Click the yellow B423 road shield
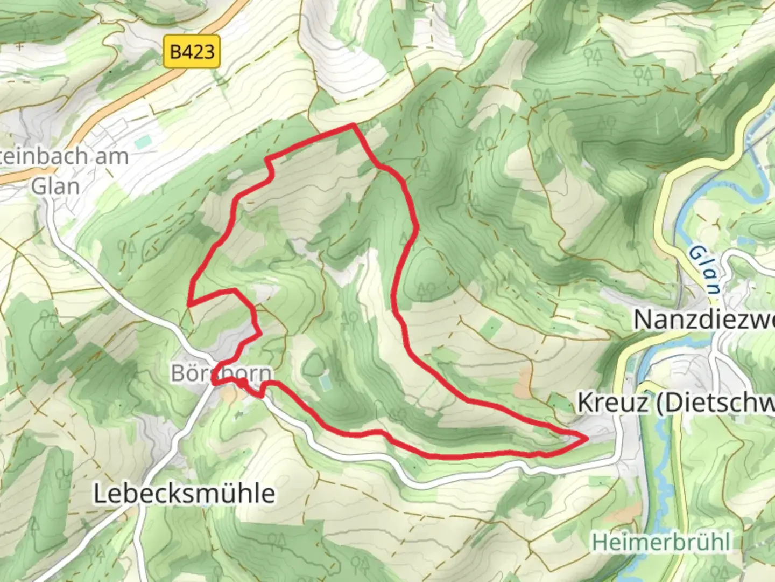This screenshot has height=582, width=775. point(192,52)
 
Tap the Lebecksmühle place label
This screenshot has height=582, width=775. point(184,493)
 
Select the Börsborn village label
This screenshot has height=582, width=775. point(221,373)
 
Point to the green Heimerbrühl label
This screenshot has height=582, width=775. point(661,542)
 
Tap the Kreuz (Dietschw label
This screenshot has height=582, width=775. point(676,403)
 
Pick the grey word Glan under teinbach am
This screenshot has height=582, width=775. point(55,186)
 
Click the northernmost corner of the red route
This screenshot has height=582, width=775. point(353,125)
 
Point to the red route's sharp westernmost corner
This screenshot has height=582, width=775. point(188,305)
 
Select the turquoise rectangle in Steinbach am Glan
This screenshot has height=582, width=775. point(143,142)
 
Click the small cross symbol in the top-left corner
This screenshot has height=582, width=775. point(20,47)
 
